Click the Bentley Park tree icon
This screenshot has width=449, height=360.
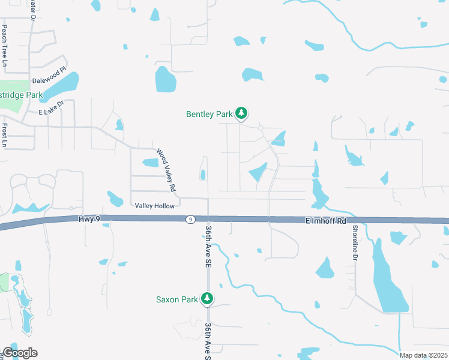point(241,113)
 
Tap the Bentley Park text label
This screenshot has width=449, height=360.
point(209,113)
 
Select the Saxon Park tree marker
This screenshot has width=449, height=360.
point(207,298)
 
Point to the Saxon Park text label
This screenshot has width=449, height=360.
point(177,299)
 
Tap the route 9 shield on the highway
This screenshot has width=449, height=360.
point(190,220)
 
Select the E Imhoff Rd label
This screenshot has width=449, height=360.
point(325,221)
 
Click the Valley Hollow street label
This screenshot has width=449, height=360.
point(155,206)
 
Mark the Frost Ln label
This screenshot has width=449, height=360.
point(5,136)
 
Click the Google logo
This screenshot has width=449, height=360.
point(20,352)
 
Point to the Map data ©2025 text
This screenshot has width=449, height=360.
point(423,355)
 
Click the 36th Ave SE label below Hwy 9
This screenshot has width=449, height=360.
point(208,239)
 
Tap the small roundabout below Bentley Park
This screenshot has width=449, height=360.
point(261,128)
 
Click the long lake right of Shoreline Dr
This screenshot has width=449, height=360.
point(387,282)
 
